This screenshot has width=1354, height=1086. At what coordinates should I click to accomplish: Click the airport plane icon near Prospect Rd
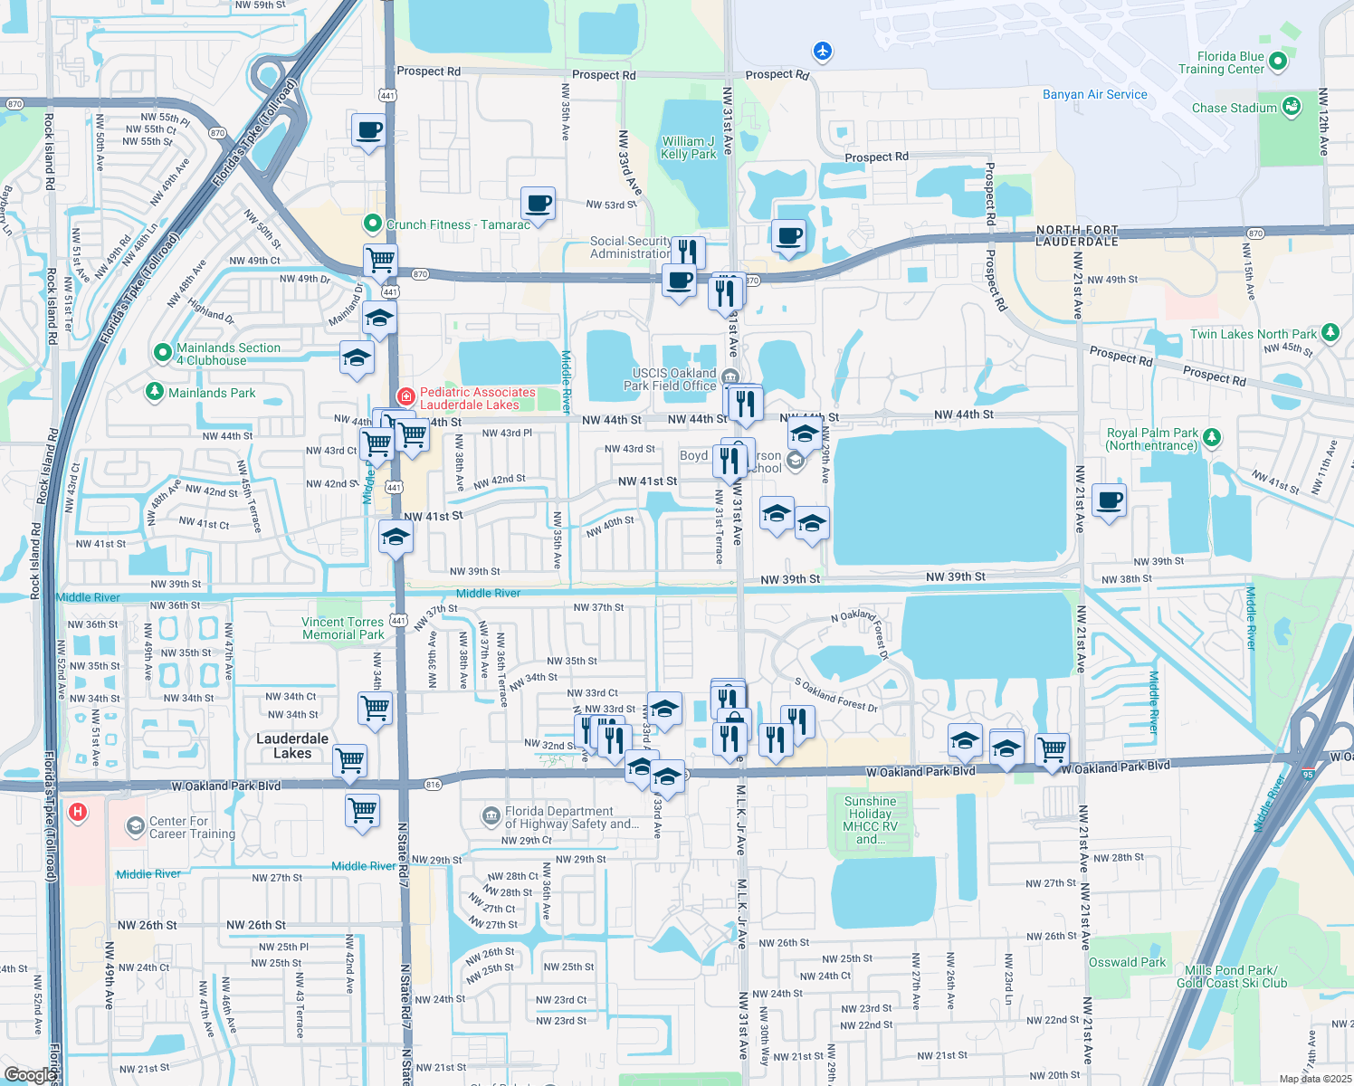click(x=823, y=51)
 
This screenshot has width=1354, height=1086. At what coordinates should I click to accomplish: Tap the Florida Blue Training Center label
click(x=1221, y=62)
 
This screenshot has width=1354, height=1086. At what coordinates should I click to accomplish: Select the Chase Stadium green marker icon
click(x=1292, y=106)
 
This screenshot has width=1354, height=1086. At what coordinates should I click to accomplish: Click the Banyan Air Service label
click(x=1094, y=94)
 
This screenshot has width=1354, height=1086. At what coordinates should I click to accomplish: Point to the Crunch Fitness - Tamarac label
click(x=458, y=224)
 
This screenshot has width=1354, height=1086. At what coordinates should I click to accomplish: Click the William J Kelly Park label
click(x=688, y=148)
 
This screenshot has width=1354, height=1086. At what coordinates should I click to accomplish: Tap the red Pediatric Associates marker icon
click(x=406, y=396)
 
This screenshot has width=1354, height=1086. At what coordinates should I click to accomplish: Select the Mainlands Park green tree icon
click(x=155, y=392)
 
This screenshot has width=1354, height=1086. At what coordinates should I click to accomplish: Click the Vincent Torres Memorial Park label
click(x=343, y=628)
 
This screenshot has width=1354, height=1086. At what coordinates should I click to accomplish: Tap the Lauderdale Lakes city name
click(x=292, y=746)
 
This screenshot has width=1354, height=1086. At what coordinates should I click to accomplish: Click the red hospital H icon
click(x=78, y=812)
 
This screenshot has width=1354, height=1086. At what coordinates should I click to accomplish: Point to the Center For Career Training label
click(x=192, y=827)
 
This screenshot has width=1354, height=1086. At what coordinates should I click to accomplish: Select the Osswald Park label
click(x=1127, y=962)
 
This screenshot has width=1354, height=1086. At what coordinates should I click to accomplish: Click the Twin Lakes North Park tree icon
click(x=1330, y=333)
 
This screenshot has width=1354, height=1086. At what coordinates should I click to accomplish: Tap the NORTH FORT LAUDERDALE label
click(x=1077, y=235)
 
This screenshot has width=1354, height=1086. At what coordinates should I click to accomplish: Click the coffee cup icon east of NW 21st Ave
click(x=1109, y=500)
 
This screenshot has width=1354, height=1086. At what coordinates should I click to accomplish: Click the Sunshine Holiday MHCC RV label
click(x=870, y=820)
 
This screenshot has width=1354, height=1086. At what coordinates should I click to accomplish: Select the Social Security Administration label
click(x=630, y=247)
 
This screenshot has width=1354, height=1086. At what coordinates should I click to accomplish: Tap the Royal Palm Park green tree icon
click(x=1211, y=437)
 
